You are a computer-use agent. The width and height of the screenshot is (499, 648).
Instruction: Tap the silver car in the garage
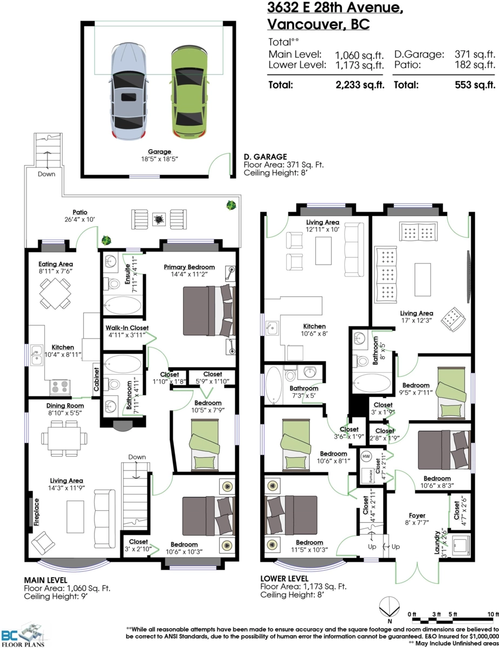pos(129,91)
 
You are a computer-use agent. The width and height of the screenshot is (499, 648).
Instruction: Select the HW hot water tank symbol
pos(366,456)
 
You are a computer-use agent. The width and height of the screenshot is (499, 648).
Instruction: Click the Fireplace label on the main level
pos(36,512)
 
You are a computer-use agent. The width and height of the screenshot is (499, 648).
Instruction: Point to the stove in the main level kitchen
pos(60,387)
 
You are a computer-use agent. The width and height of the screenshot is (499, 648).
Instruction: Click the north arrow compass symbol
pos(389,609)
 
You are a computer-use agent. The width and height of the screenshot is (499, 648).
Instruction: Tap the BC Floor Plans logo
pos(23,634)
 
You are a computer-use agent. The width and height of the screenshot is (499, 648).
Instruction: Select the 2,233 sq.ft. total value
pos(360,85)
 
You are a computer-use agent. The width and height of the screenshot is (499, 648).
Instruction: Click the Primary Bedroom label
pos(190,267)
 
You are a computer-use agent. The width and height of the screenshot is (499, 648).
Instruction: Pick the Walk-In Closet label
pos(127,328)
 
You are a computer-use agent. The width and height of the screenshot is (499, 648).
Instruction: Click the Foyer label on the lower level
pos(417,516)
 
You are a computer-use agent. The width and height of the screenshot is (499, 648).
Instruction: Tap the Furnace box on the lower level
pos(368,476)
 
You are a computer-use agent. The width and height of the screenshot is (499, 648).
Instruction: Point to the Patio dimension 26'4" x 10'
pos(79,219)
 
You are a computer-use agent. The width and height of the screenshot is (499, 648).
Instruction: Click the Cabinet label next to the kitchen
pos(96,379)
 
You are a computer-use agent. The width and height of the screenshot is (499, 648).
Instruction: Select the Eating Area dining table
pos(55,293)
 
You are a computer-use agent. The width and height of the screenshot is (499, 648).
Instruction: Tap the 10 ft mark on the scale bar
pos(493,615)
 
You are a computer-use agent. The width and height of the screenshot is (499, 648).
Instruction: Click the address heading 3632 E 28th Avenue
pos(335,8)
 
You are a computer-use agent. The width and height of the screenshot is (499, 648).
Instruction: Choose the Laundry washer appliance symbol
pos(460,546)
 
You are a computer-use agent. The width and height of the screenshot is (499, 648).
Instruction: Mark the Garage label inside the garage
pos(159,152)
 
